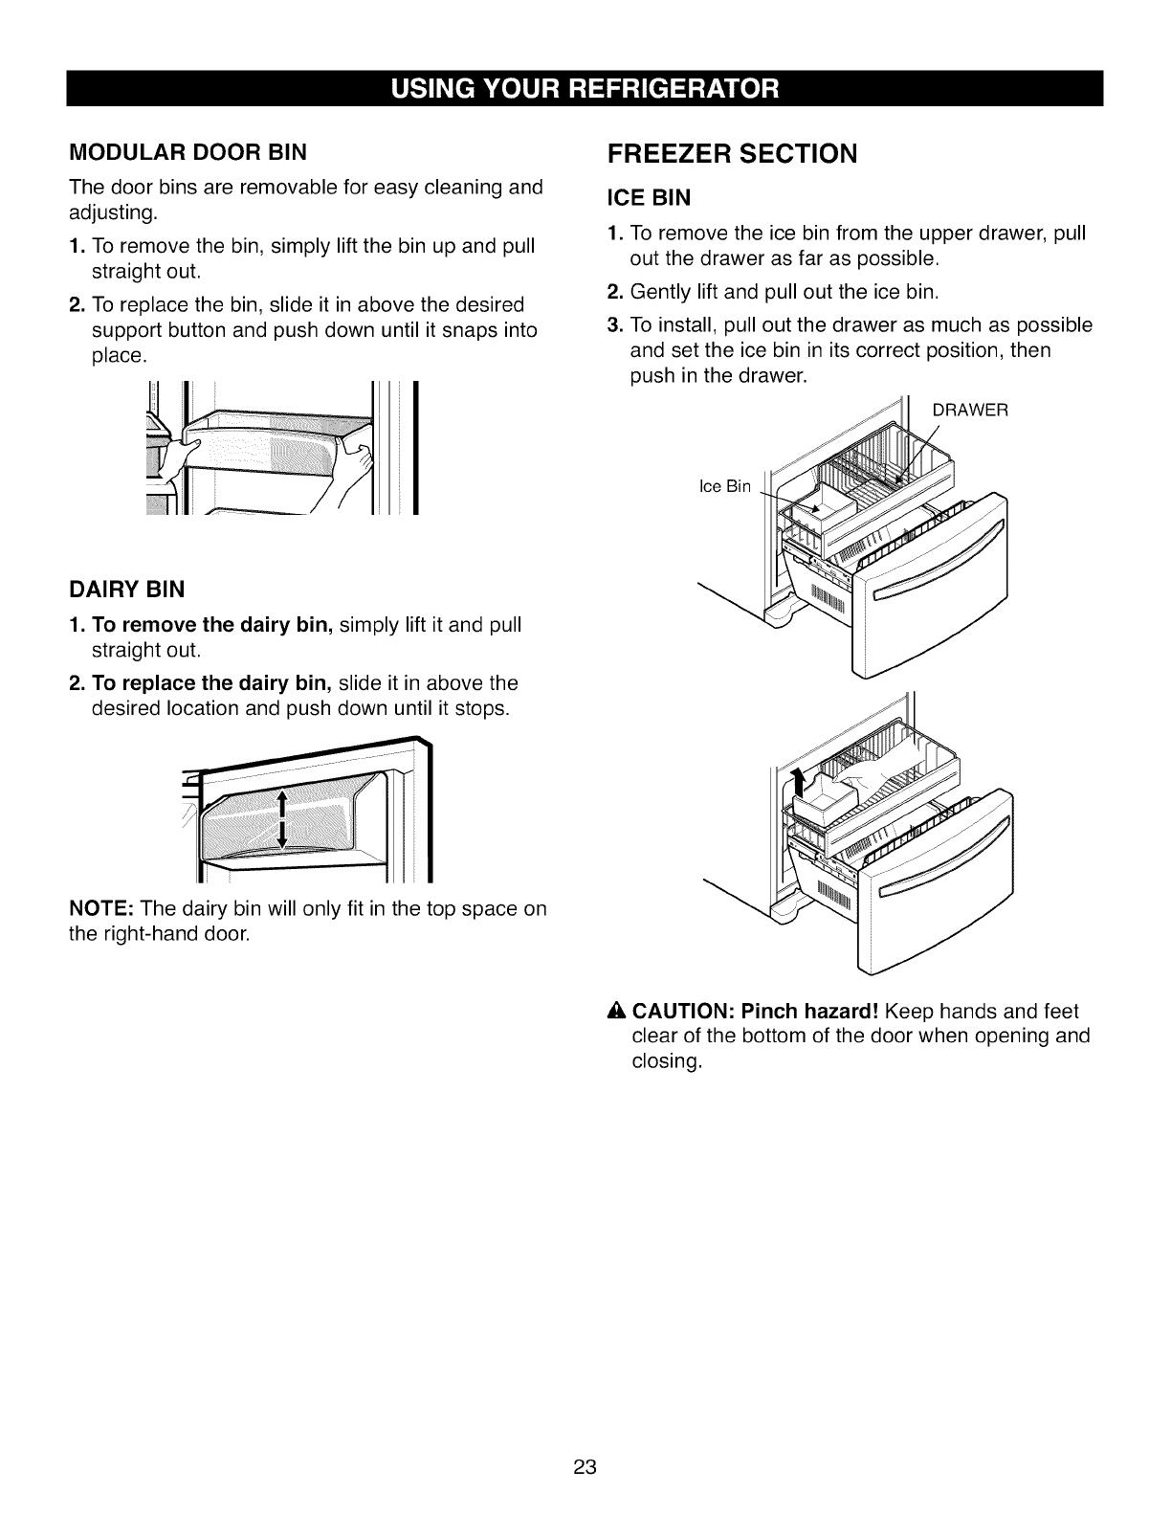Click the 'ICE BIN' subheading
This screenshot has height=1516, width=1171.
pyautogui.click(x=650, y=198)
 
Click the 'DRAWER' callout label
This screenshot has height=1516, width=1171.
pyautogui.click(x=970, y=411)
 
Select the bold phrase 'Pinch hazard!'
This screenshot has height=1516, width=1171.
pyautogui.click(x=810, y=1012)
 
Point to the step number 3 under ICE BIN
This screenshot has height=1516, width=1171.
pyautogui.click(x=614, y=324)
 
